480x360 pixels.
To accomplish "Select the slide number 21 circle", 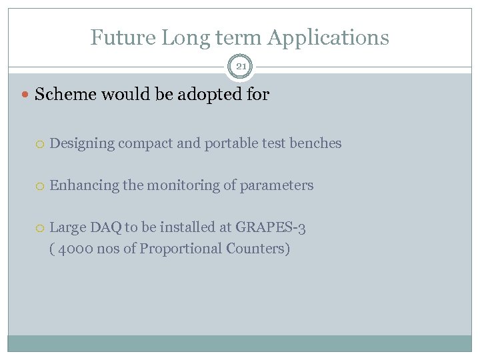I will [x=240, y=67].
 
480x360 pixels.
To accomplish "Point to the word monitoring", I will [x=184, y=186].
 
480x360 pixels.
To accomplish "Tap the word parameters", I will [x=280, y=186].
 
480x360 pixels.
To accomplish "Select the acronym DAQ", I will [x=106, y=228].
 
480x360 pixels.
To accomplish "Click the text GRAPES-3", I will [x=271, y=228].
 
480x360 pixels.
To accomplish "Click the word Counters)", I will [x=258, y=249].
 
